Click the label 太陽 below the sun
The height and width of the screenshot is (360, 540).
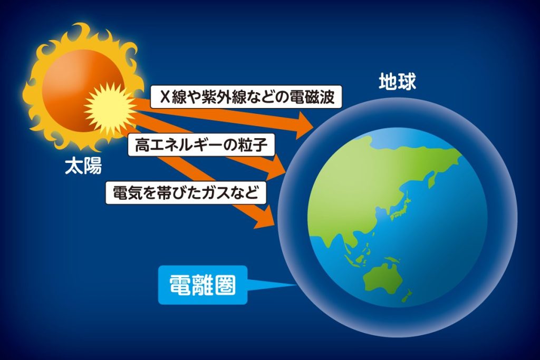point(83,166)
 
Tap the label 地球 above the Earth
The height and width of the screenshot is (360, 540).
point(398,82)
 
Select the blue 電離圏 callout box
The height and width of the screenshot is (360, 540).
point(203,285)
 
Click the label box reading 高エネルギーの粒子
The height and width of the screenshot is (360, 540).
point(201,145)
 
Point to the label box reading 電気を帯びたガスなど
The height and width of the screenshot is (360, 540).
point(186,193)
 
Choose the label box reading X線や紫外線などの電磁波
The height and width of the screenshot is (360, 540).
point(246,96)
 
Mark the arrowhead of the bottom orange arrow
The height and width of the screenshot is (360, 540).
point(266,218)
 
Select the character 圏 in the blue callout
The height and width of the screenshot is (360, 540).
point(225,285)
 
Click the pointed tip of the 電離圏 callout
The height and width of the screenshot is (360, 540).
point(297,285)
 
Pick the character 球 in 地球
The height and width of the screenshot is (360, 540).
point(407,82)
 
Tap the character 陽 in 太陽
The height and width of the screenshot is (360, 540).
point(93,166)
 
